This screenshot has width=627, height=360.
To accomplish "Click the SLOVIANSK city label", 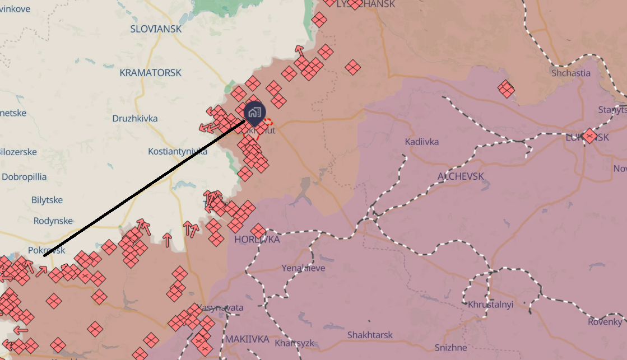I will coord(156,29).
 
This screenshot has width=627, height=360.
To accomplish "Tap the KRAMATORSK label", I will coord(150,73).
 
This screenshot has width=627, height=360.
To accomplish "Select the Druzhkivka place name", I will coord(134,118).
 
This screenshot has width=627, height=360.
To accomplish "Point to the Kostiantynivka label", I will coord(178,151).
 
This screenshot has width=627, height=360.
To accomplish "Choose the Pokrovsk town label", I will coord(46,250).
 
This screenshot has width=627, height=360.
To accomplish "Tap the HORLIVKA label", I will coord(257,239).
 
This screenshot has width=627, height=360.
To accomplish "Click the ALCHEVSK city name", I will coord(461,176).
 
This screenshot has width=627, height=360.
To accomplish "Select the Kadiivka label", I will coord(421,142).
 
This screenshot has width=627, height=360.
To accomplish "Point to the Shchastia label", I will coord(570,73).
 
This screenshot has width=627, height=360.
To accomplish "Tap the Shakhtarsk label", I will coord(370,335).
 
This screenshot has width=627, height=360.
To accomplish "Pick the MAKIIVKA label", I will coord(247,339).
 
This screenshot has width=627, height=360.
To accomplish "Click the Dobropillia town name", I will coord(24,177).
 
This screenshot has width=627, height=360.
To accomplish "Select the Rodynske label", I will coord(53,221).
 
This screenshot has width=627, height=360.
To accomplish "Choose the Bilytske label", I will coord(47,200).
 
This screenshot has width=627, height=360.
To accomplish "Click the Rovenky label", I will coord(605,322).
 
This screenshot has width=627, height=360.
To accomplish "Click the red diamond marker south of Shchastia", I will coord(506,88).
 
